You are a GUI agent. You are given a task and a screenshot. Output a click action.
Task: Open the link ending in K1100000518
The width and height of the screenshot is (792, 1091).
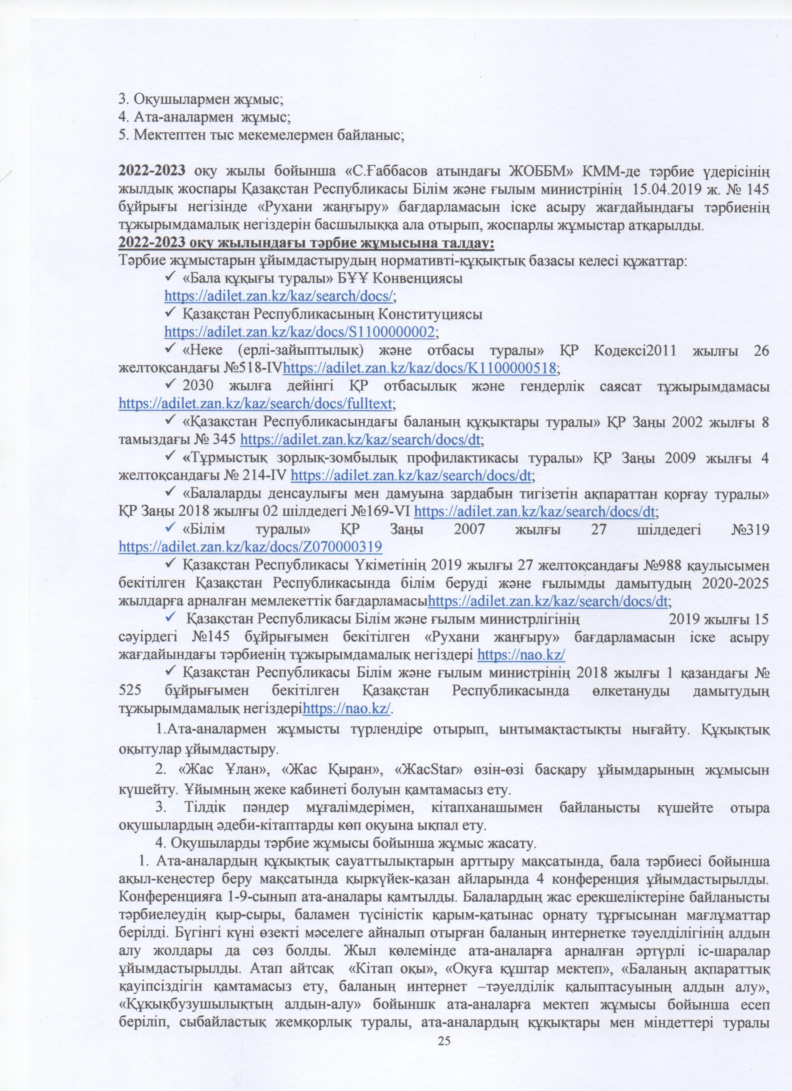pyautogui.click(x=421, y=368)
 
